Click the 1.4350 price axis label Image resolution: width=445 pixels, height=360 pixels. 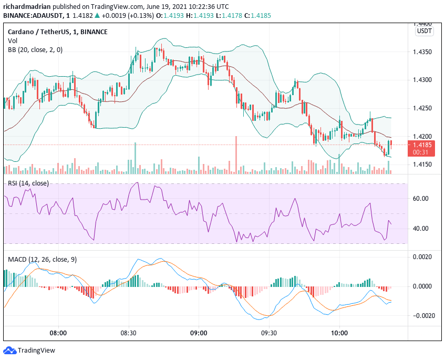pos(423,52)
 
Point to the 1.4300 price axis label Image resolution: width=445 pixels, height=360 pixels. pos(423,80)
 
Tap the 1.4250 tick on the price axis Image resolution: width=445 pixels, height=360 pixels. pos(423,108)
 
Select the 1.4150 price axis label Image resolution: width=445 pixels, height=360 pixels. pos(423,165)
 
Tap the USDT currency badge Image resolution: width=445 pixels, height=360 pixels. pos(424,31)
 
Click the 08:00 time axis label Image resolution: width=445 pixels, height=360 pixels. pos(58,333)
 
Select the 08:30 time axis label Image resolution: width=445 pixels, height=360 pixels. pos(128,333)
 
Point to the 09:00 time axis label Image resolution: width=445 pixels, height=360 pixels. pos(199,333)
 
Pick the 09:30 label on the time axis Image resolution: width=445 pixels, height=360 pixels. pos(269,333)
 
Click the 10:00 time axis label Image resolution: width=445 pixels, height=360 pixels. pos(339,333)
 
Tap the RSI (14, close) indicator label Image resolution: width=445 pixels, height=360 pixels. pos(28,183)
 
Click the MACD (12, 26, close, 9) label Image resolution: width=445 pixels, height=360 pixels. pos(43,260)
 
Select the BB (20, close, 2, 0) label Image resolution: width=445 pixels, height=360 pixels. pos(35,49)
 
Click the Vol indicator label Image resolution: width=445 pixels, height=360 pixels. pos(12,40)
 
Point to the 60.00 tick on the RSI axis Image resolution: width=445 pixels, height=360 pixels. pos(421,199)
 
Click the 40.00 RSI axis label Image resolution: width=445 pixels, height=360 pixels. pos(421,229)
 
